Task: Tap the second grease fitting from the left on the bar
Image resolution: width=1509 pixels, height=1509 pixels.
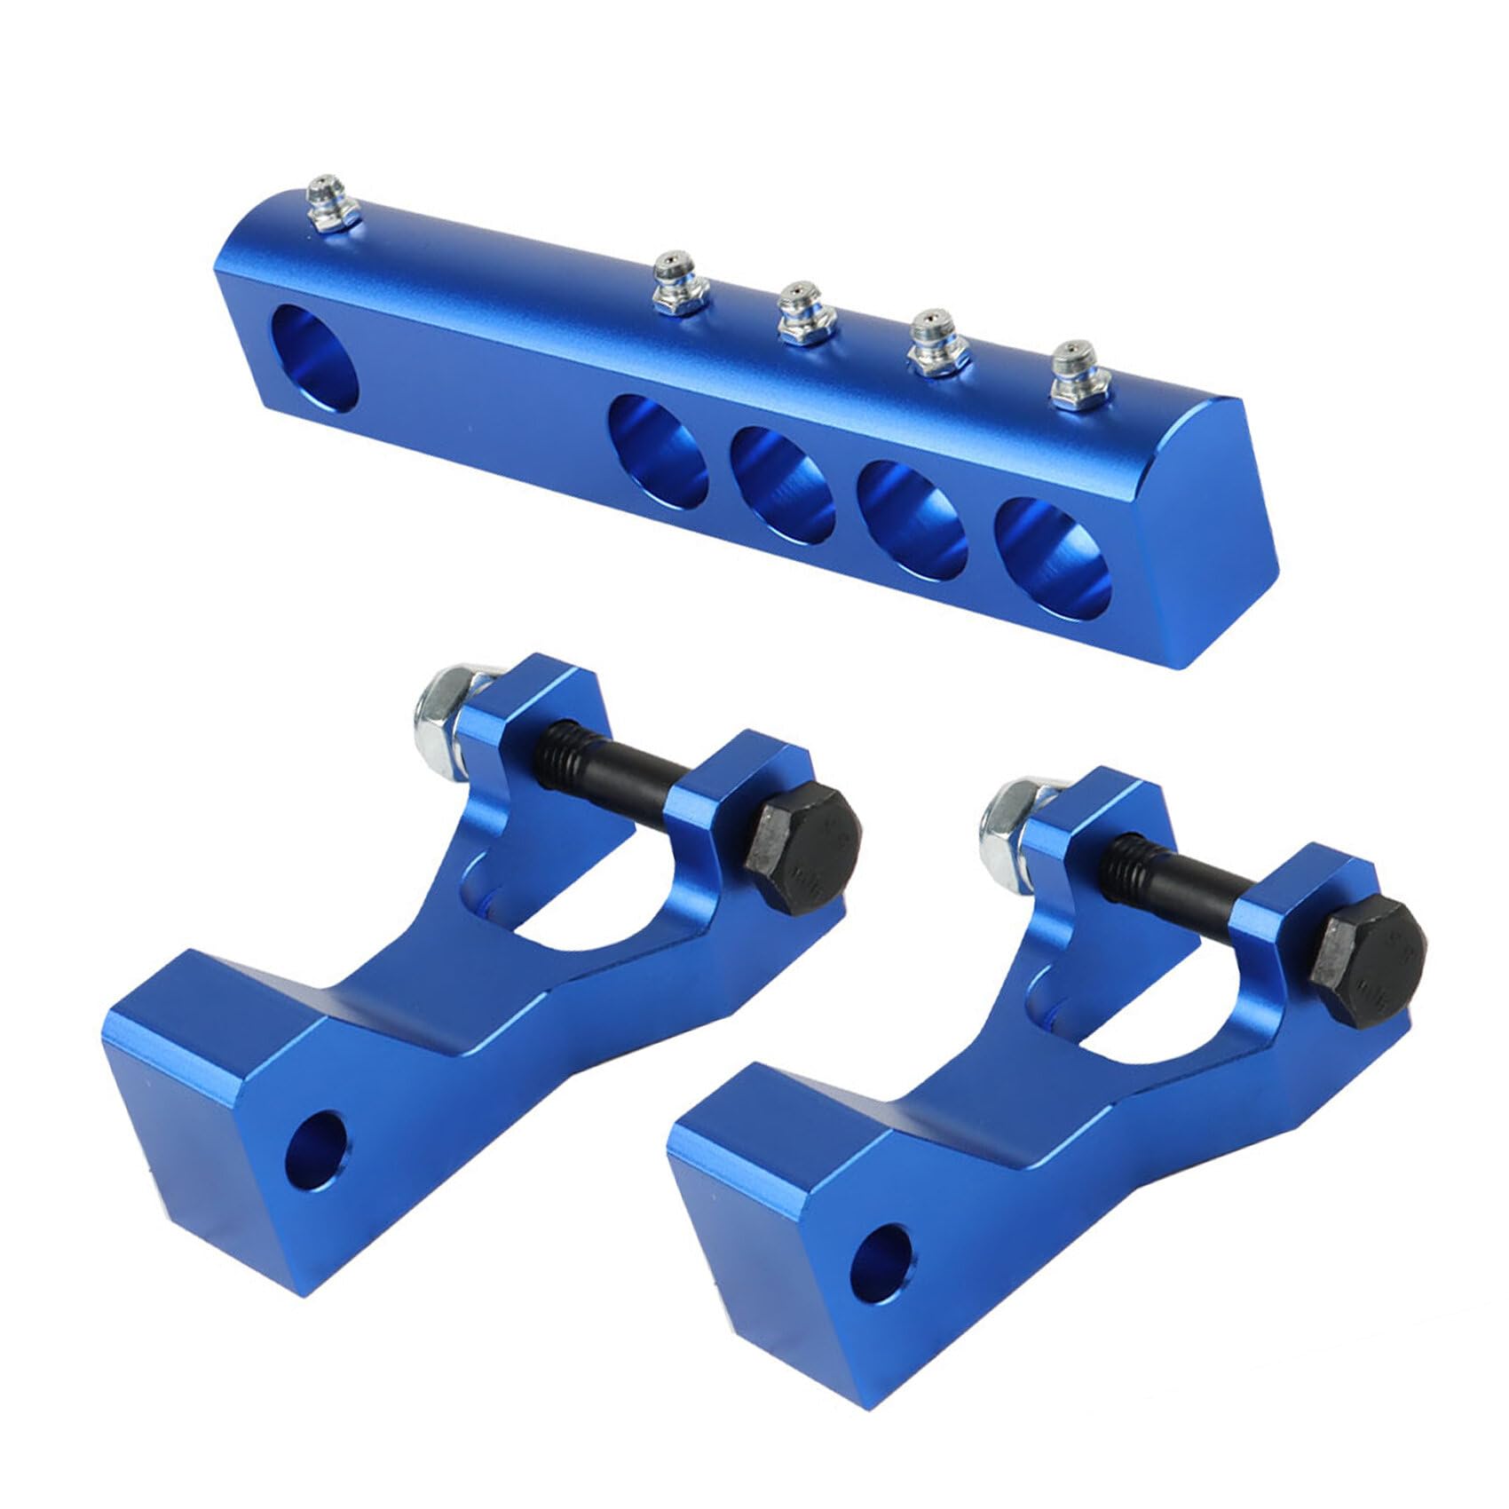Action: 678,283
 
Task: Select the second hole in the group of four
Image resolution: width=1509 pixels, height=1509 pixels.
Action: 781,483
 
